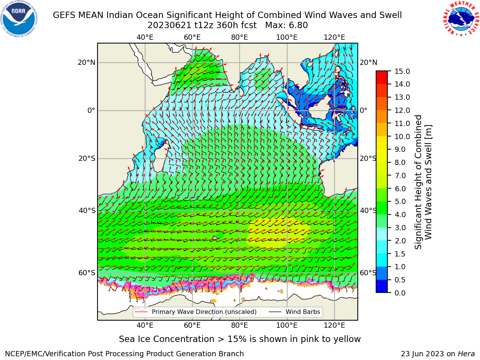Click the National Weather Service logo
(461, 19)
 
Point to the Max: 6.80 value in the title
(286, 25)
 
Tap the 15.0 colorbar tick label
(402, 71)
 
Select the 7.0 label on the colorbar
(400, 175)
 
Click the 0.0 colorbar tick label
(400, 293)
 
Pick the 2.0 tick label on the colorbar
(400, 241)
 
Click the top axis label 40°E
(145, 37)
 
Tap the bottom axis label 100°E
(287, 325)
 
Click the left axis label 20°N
(87, 63)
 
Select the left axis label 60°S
(87, 273)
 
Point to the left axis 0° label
(91, 110)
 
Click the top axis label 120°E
(334, 37)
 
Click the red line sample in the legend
(141, 312)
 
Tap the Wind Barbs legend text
(303, 312)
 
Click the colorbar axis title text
(423, 182)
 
